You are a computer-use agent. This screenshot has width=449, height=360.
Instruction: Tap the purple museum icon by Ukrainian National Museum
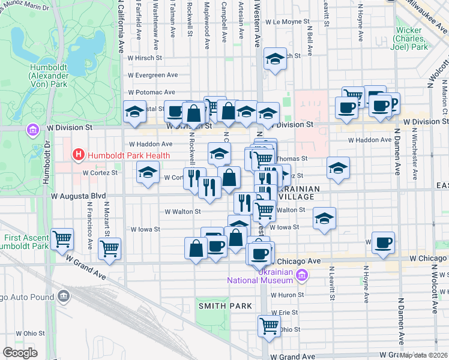301,275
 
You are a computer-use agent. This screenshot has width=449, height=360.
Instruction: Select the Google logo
20,352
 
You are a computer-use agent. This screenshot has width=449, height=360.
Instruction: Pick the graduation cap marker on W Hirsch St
275,59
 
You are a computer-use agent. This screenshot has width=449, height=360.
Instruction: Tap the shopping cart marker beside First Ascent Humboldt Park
62,239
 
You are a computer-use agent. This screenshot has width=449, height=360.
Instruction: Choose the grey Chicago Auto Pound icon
63,296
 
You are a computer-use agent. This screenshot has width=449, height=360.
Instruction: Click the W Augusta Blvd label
78,196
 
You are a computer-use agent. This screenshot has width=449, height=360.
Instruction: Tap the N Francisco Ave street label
89,225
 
